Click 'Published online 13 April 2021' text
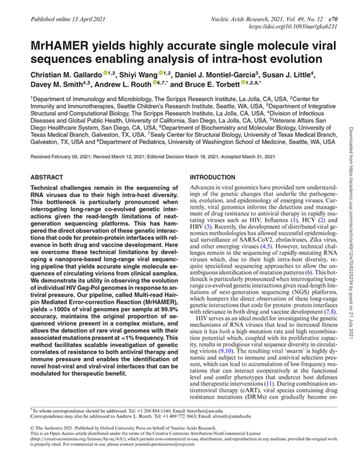(x=61, y=19)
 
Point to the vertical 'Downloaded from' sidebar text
(x=349, y=150)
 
